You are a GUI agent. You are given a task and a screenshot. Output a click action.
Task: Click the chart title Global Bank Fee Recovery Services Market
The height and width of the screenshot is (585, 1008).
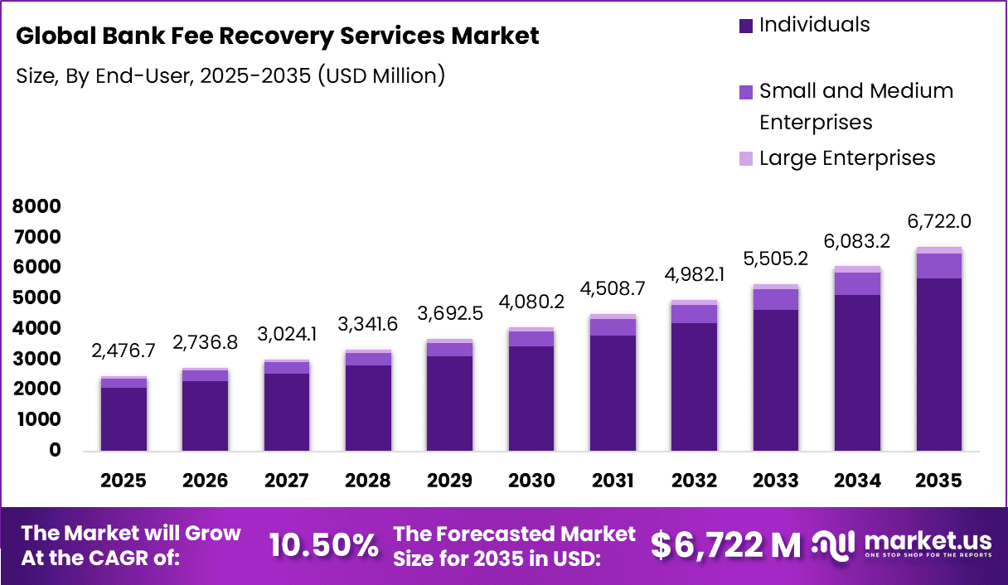pyautogui.click(x=278, y=36)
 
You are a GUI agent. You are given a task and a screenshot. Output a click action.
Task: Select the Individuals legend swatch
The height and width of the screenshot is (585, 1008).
pyautogui.click(x=746, y=26)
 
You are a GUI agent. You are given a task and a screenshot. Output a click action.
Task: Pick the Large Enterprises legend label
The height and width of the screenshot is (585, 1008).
pyautogui.click(x=847, y=158)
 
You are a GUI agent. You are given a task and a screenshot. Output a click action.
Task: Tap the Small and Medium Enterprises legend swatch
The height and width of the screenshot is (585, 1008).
pyautogui.click(x=746, y=92)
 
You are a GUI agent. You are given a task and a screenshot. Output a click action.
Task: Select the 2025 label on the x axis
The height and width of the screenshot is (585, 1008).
pyautogui.click(x=124, y=481)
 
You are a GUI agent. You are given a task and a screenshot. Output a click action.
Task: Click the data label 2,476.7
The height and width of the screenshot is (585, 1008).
pyautogui.click(x=124, y=351)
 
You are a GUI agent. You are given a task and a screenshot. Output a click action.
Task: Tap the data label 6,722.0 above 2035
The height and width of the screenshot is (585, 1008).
pyautogui.click(x=938, y=221)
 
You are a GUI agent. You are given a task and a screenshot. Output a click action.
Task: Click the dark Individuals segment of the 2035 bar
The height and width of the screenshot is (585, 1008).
pyautogui.click(x=939, y=365)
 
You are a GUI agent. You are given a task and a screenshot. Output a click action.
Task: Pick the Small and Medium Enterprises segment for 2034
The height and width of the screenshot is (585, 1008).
pyautogui.click(x=858, y=283)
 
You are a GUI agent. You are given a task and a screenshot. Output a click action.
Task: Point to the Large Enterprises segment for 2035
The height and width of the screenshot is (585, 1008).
pyautogui.click(x=939, y=250)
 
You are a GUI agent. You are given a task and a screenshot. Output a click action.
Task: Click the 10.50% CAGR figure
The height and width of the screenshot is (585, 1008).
pyautogui.click(x=323, y=544)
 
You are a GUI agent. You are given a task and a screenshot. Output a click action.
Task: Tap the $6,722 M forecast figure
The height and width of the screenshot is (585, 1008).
pyautogui.click(x=725, y=544)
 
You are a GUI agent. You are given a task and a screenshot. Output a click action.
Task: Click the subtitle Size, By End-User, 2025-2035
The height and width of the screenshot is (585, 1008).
pyautogui.click(x=230, y=76)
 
